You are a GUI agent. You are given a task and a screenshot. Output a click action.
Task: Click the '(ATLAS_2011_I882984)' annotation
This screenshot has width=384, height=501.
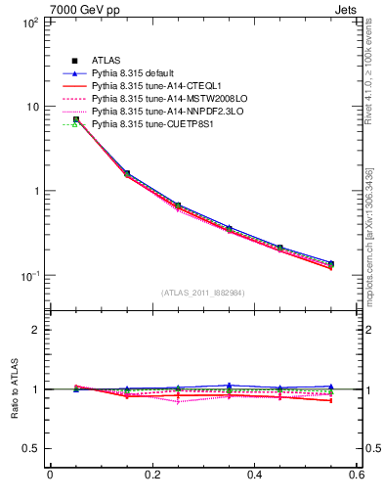(x=203, y=293)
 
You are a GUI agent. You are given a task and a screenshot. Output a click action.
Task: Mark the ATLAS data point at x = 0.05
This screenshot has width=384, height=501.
(x=76, y=119)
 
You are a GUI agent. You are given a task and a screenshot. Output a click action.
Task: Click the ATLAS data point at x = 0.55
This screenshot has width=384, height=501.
(x=331, y=264)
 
